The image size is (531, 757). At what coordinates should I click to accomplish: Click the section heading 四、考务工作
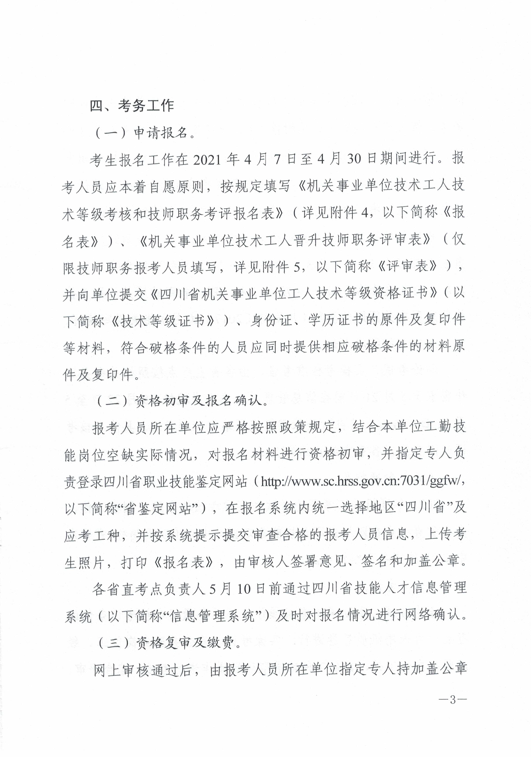(132, 106)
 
